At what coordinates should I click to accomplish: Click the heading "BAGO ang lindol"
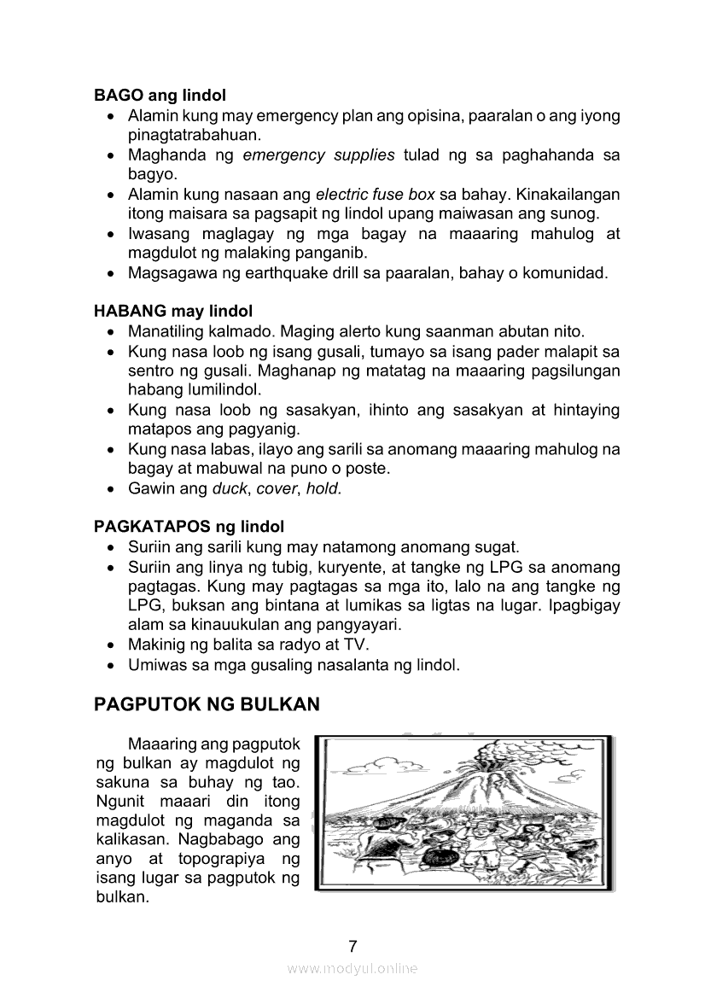tap(160, 96)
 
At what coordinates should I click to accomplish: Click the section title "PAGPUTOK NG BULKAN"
tap(207, 704)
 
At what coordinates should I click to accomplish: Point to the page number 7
tap(352, 946)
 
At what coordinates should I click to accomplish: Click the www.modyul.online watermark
tap(352, 969)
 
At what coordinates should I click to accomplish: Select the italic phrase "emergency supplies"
tap(318, 155)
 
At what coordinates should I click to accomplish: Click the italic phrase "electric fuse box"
tap(375, 195)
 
